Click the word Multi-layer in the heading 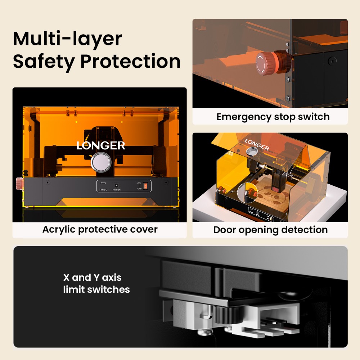(67, 39)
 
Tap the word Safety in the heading (44, 62)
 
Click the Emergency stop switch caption (273, 117)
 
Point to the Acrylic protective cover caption (100, 229)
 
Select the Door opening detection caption (270, 230)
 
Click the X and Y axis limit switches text (96, 283)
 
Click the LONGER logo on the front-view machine (101, 145)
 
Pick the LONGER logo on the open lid (257, 144)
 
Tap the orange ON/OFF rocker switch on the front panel (145, 186)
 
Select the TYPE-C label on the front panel (103, 190)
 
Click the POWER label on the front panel (117, 190)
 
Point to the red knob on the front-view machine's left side (19, 184)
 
